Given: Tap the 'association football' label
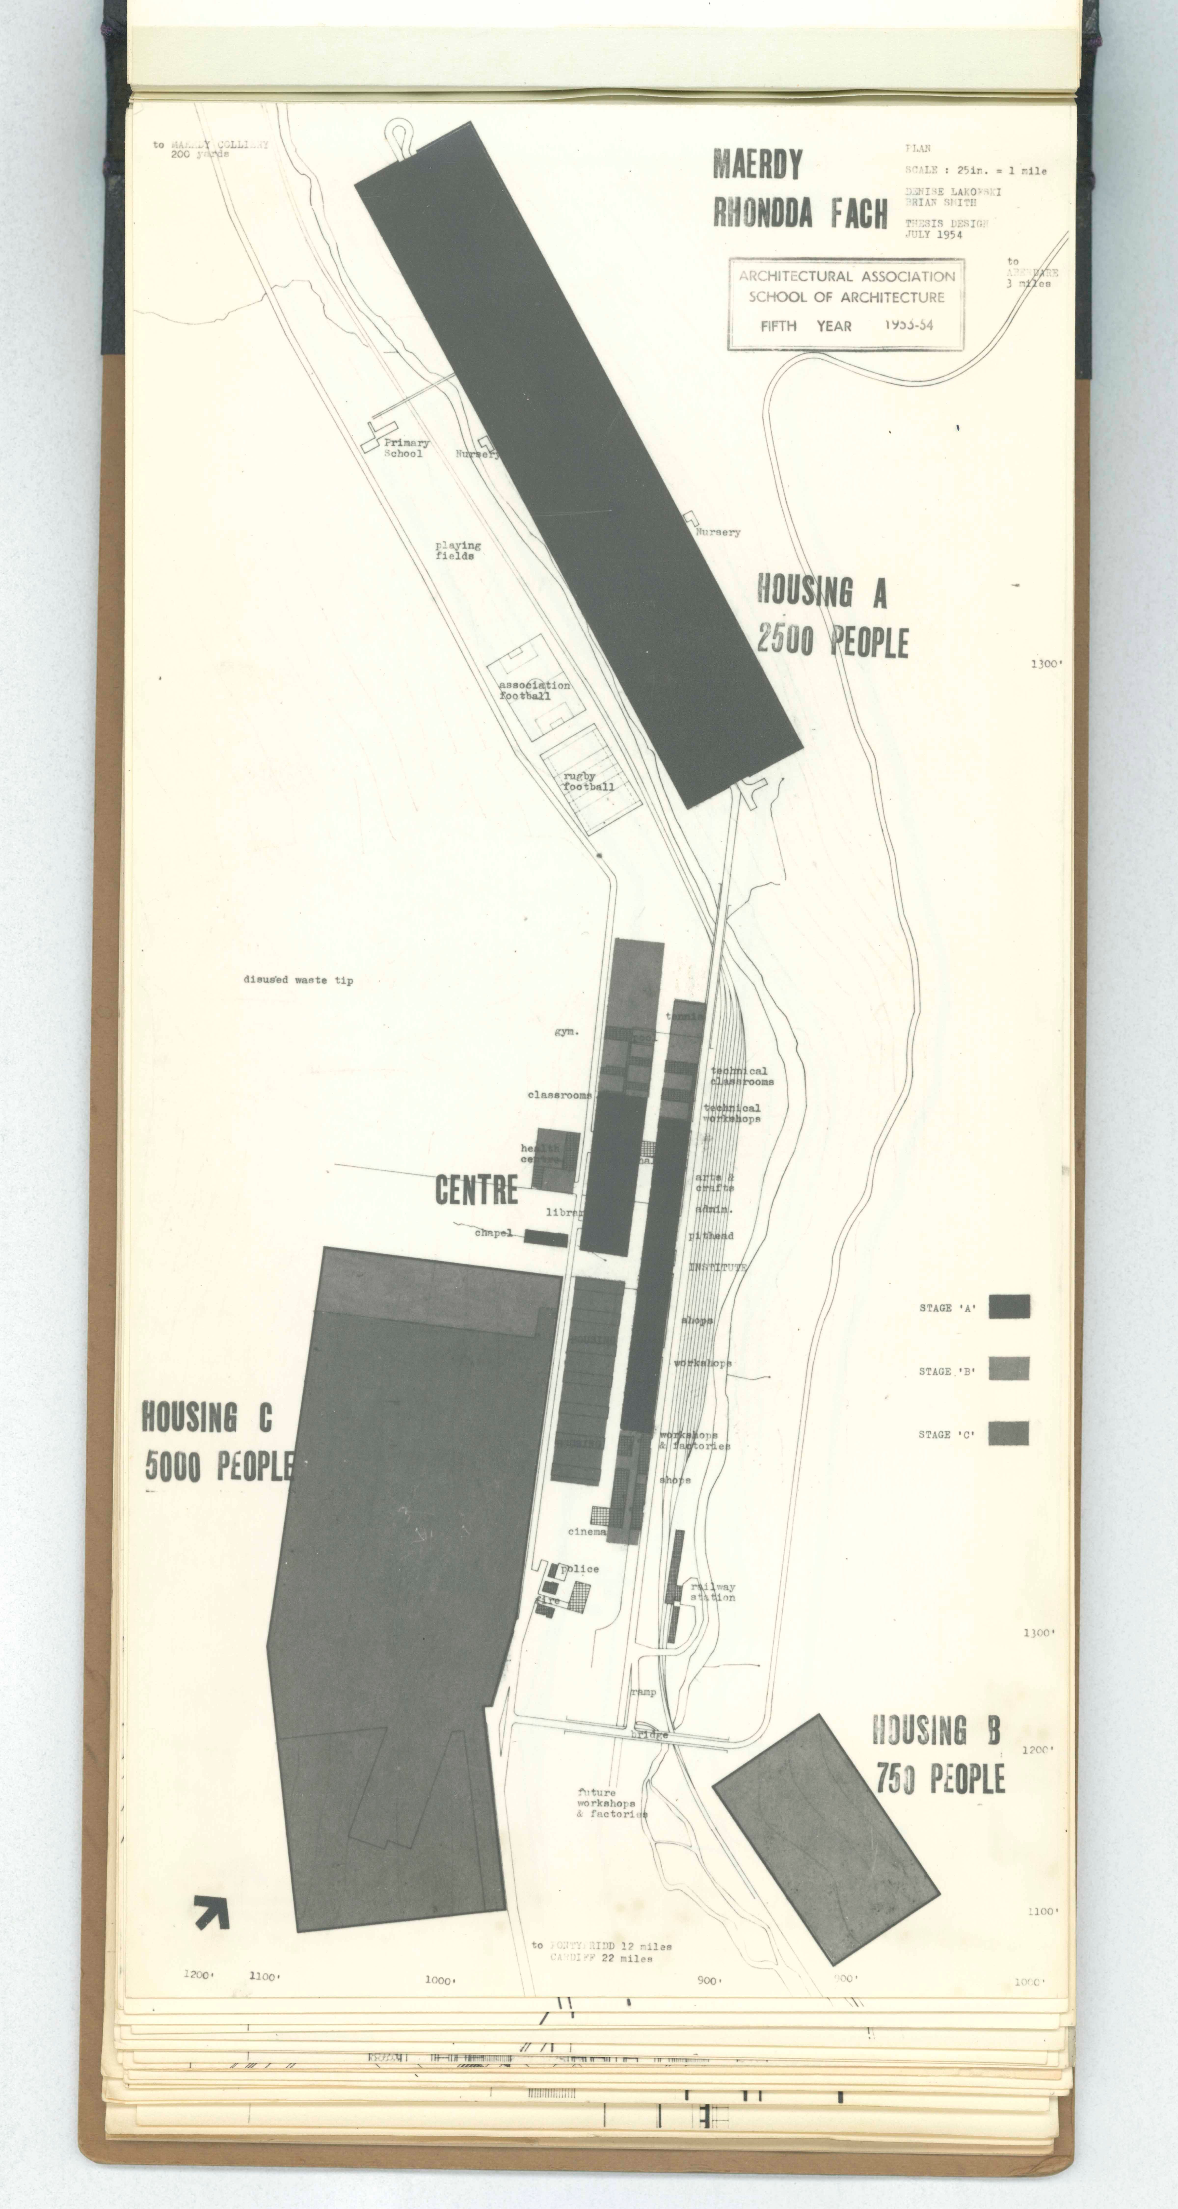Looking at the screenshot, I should pyautogui.click(x=534, y=690).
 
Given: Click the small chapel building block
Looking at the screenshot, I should pyautogui.click(x=545, y=1238).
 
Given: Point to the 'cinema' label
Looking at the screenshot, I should pyautogui.click(x=587, y=1532).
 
